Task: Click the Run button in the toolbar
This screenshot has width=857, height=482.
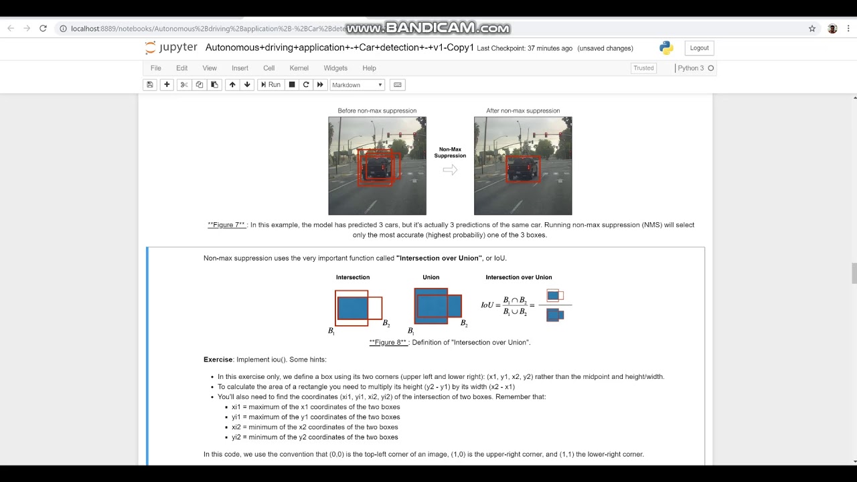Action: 270,85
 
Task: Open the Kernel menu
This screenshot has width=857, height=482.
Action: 299,68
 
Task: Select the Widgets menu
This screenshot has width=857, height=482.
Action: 335,68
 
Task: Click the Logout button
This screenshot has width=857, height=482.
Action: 699,48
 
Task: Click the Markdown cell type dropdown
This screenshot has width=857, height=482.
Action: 357,85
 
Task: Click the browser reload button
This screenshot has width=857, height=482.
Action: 43,29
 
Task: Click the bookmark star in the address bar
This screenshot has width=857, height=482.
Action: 812,29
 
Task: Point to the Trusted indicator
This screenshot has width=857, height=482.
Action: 643,68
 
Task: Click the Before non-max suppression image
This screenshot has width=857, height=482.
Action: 377,166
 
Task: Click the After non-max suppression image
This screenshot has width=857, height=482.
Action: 523,166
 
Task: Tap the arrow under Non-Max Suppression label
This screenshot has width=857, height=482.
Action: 450,170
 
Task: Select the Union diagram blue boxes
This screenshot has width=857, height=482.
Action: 437,307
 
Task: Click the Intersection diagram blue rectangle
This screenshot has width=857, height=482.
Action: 353,308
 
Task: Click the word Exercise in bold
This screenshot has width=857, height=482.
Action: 218,359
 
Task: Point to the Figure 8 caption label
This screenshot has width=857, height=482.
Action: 388,343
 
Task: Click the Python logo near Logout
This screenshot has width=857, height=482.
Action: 666,48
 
